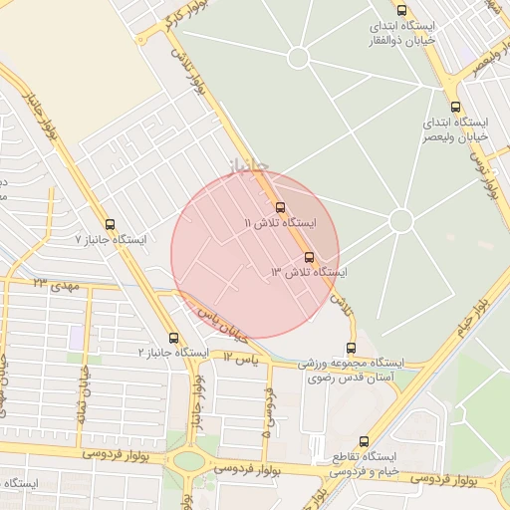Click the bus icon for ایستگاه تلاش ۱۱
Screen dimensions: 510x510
tap(280, 207)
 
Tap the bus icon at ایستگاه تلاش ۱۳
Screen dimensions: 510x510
tap(308, 257)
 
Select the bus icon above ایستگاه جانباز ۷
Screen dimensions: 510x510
tap(110, 224)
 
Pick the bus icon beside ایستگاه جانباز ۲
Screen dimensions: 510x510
tap(174, 338)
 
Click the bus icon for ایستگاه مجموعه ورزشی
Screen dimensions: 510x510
tap(350, 348)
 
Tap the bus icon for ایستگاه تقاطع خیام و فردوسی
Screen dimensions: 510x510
tap(363, 439)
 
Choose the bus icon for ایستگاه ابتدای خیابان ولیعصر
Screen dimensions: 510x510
tap(456, 107)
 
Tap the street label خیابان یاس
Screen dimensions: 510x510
tap(220, 319)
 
